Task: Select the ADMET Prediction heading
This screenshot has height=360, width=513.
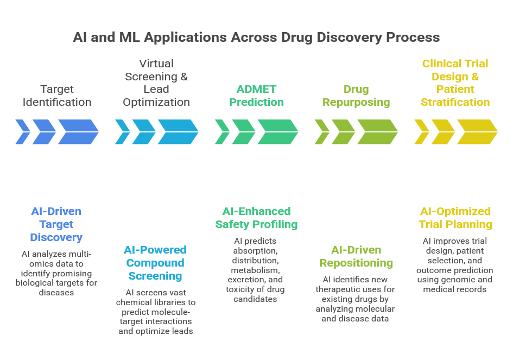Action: [x=257, y=96]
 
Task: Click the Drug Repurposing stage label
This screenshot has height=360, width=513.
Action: [x=356, y=96]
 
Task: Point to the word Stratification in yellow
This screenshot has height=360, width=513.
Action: [x=455, y=102]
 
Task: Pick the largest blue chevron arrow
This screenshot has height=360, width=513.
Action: [x=78, y=132]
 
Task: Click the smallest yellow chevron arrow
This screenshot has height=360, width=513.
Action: [x=421, y=132]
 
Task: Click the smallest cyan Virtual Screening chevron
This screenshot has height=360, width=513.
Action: [x=122, y=132]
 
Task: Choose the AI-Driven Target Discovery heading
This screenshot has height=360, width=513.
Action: [x=56, y=224]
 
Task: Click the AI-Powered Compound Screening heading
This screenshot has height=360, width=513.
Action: [x=155, y=263]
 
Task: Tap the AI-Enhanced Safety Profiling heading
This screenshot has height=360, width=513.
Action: [x=257, y=218]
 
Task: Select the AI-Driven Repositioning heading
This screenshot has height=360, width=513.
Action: [x=356, y=256]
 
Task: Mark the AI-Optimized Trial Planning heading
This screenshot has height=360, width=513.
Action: [x=455, y=218]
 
